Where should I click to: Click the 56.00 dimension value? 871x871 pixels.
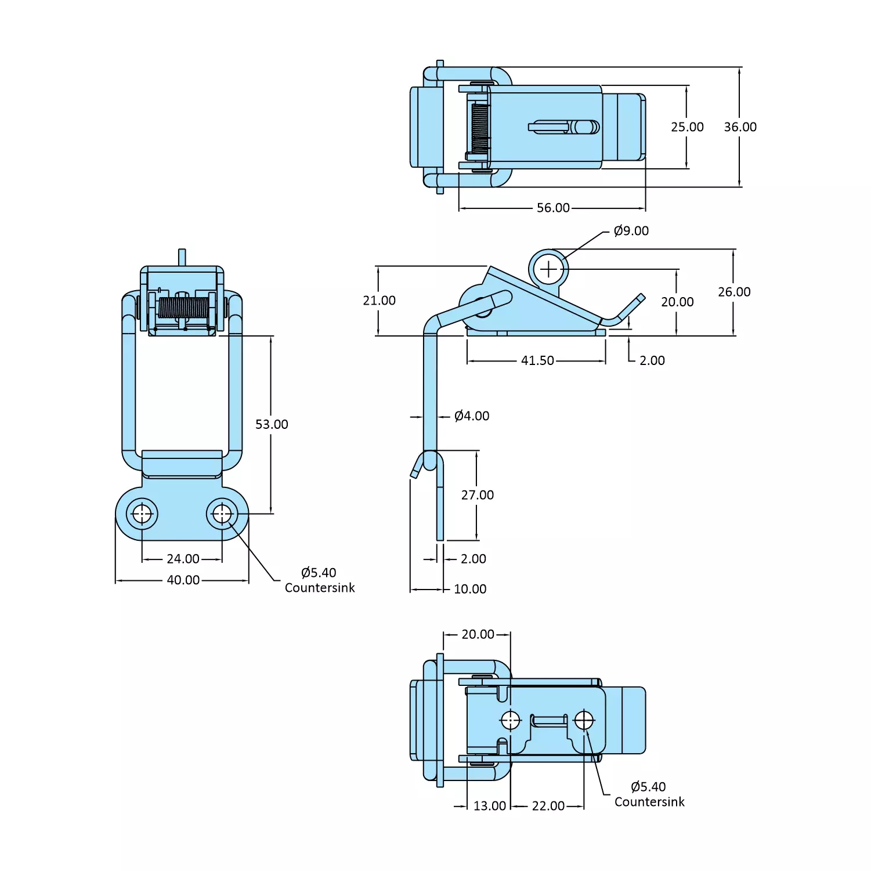553,208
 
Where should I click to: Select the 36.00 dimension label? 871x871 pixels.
740,127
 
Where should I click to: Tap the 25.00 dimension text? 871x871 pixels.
687,127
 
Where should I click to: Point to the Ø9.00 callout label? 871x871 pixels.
631,231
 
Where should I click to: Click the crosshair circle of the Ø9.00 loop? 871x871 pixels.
548,269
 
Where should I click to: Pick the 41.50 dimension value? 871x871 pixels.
537,360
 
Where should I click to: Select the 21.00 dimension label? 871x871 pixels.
379,301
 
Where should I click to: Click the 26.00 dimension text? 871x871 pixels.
734,292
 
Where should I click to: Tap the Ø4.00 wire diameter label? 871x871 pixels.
472,416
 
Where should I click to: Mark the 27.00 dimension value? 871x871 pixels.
478,495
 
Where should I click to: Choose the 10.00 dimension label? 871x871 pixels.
470,589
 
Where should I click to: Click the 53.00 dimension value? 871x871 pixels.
272,424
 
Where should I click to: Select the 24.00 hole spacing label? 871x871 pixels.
183,559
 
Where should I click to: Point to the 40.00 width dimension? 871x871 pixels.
183,580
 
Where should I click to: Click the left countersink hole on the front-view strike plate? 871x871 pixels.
142,514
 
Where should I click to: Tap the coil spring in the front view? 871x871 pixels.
183,308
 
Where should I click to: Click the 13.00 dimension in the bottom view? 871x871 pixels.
489,806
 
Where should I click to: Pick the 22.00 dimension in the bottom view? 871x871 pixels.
548,806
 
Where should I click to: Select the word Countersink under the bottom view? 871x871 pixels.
649,802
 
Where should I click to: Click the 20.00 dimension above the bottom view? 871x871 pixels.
478,634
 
